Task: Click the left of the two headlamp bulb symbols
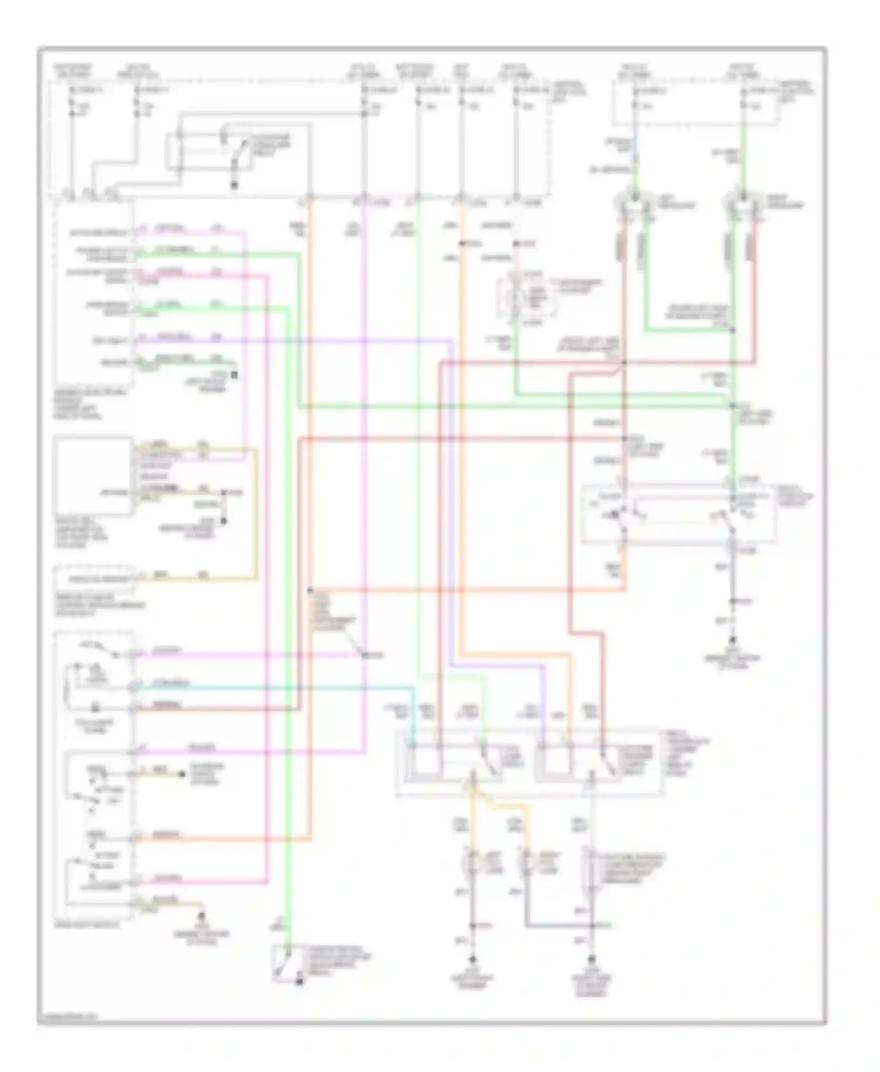(634, 203)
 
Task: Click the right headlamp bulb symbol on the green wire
(743, 203)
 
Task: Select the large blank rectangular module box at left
(93, 476)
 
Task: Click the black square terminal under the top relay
(234, 185)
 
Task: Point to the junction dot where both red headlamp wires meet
(624, 363)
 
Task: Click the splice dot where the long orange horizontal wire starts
(310, 590)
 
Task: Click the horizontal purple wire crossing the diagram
(293, 340)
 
